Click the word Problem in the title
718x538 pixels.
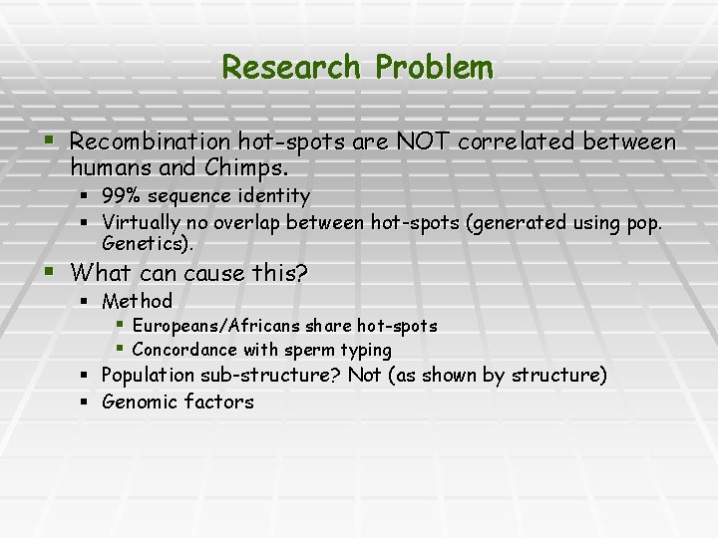coord(435,68)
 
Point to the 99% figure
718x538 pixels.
coord(121,196)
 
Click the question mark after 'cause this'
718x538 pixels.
coord(302,272)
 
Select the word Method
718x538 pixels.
coord(137,301)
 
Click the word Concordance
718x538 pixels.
coord(184,350)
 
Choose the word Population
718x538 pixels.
coord(149,376)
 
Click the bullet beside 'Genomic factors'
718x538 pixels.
coord(87,403)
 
